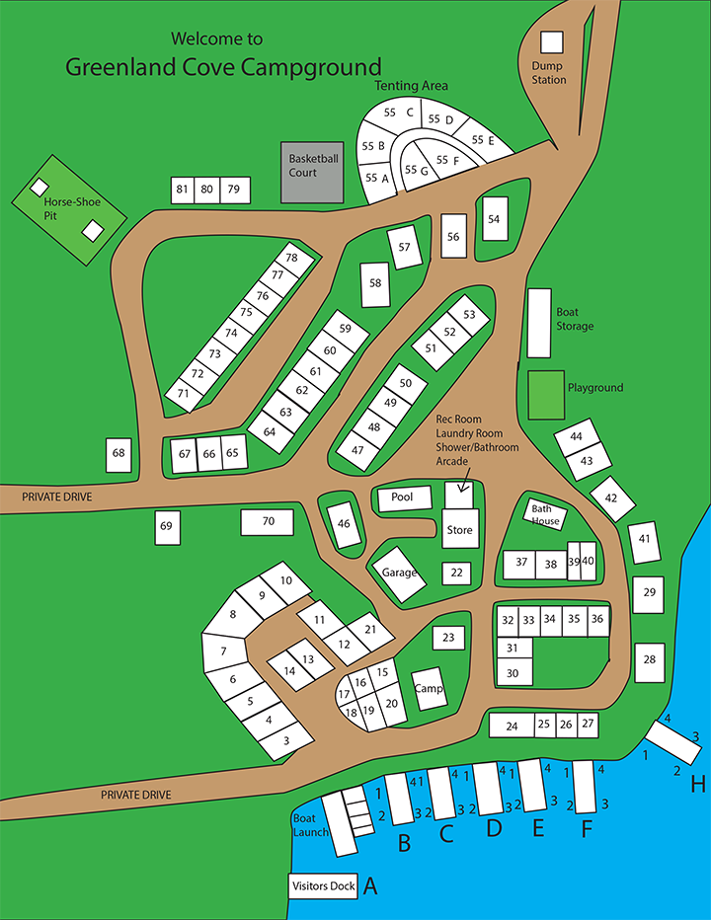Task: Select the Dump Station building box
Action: click(x=551, y=42)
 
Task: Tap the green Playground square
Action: click(x=546, y=394)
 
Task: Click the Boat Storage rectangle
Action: click(x=538, y=323)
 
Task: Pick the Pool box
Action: click(x=403, y=498)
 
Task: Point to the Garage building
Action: click(x=399, y=574)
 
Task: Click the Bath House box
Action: click(x=545, y=514)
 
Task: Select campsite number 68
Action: click(x=119, y=454)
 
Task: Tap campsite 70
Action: click(x=268, y=521)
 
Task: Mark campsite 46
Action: click(x=344, y=523)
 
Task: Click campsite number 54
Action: click(x=494, y=219)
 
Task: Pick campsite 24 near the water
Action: click(x=512, y=726)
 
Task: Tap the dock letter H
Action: click(x=698, y=785)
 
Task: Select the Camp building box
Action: click(x=428, y=688)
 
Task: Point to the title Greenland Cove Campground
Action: click(x=223, y=67)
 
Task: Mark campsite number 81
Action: click(x=182, y=190)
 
